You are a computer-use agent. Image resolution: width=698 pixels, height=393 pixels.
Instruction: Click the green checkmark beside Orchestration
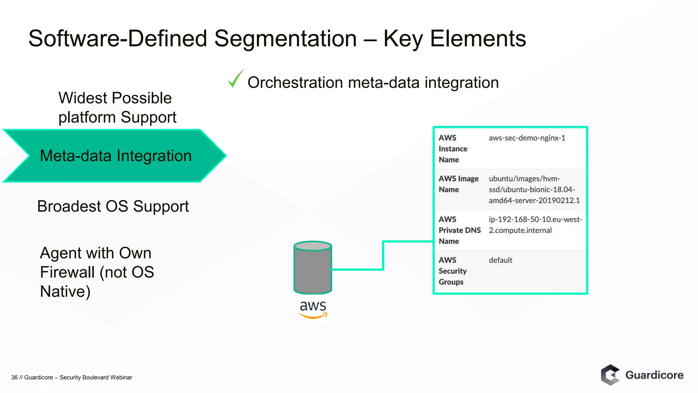click(x=235, y=79)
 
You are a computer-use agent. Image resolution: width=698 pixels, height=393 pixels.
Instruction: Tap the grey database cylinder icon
click(x=313, y=267)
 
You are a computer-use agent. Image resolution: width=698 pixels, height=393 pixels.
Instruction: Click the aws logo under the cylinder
click(x=313, y=309)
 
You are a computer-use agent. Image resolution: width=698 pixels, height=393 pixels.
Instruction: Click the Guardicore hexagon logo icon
click(x=610, y=375)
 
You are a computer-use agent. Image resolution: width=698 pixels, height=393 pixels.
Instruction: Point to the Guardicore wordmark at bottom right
click(x=654, y=375)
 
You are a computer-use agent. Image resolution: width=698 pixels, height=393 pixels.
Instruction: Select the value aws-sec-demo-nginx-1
click(x=527, y=138)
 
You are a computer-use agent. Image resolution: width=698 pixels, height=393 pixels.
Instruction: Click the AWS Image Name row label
click(x=458, y=184)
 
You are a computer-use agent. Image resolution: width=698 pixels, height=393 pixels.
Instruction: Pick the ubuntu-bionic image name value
click(x=534, y=190)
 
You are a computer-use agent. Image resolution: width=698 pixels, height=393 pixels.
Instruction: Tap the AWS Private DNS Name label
click(x=459, y=230)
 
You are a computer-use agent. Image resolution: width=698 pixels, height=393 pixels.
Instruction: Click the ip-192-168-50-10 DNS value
click(x=535, y=225)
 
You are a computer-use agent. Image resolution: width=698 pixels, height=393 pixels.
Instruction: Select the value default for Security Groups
click(x=500, y=260)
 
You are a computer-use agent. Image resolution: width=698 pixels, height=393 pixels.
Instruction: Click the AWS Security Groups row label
click(x=452, y=271)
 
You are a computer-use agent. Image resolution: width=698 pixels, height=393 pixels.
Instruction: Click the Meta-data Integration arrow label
click(x=116, y=156)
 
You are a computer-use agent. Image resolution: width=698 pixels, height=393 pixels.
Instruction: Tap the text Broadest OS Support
click(x=113, y=206)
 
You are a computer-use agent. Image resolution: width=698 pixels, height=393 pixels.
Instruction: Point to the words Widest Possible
click(x=115, y=98)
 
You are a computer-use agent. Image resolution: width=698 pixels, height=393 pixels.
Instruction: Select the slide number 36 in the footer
click(x=14, y=377)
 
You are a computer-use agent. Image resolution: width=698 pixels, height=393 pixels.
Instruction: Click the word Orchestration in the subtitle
click(x=295, y=83)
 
